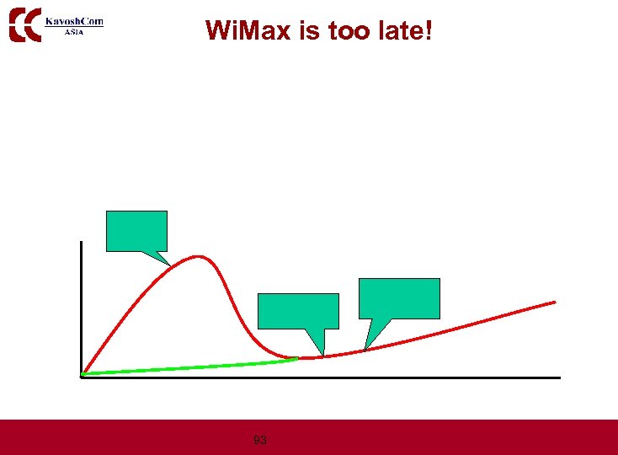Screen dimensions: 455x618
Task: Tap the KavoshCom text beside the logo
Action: coord(74,21)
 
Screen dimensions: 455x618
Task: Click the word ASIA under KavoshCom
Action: coord(74,32)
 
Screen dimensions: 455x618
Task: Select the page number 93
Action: coord(260,440)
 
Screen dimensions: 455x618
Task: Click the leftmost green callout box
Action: coord(136,230)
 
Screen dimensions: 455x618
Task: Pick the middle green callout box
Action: coord(297,310)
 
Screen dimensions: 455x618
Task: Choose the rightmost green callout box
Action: coord(399,297)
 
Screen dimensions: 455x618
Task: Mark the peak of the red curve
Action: coord(199,255)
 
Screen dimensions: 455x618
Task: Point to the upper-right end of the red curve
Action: coord(554,302)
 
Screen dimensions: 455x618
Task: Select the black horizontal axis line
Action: coord(337,377)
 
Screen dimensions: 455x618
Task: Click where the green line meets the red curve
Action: coord(296,359)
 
